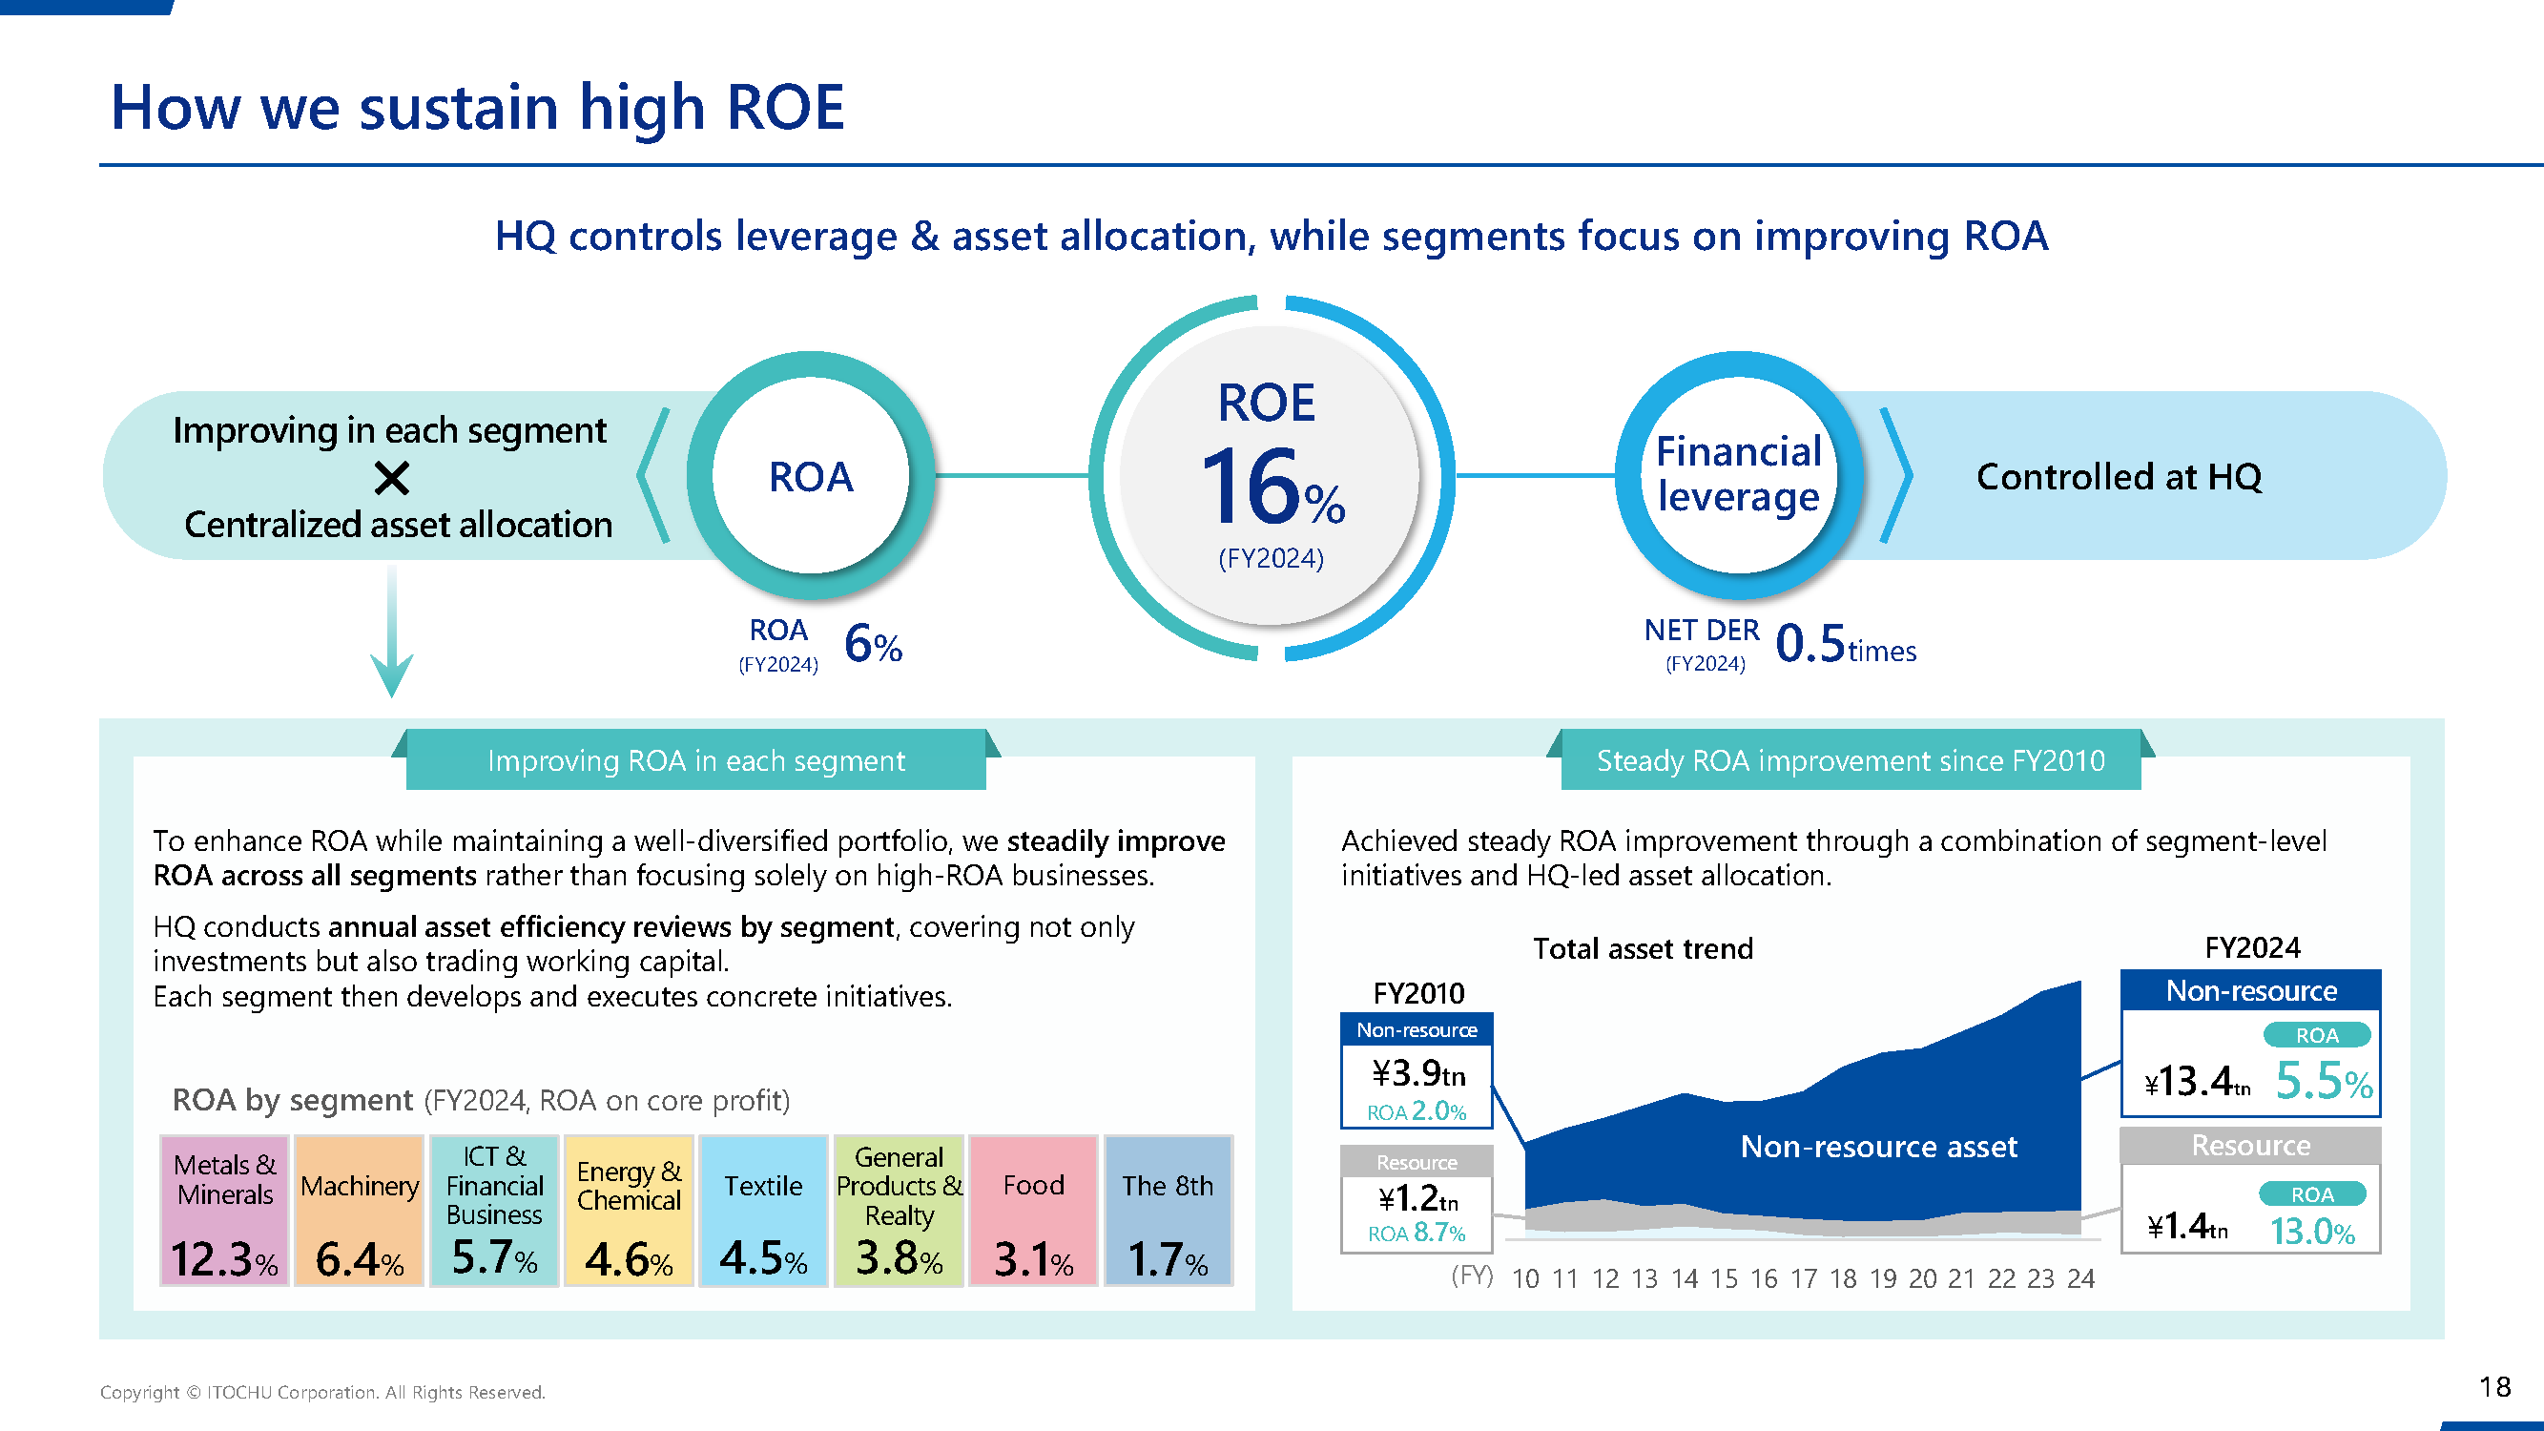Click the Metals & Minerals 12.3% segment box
pos(224,1210)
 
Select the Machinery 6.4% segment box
pos(360,1210)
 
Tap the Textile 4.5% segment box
pos(763,1210)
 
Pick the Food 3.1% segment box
pos(1033,1210)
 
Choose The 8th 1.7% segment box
pos(1168,1210)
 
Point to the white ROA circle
pos(811,476)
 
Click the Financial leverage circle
pos(1738,475)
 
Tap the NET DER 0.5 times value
pos(1843,644)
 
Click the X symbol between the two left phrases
pos(392,479)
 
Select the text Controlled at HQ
pos(2119,477)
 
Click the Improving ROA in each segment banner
pos(695,760)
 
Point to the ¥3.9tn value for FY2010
pos(1417,1072)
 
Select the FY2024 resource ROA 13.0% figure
pos(2312,1232)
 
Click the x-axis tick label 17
pos(1804,1279)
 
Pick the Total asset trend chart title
pos(1643,949)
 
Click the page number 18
pos(2494,1386)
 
